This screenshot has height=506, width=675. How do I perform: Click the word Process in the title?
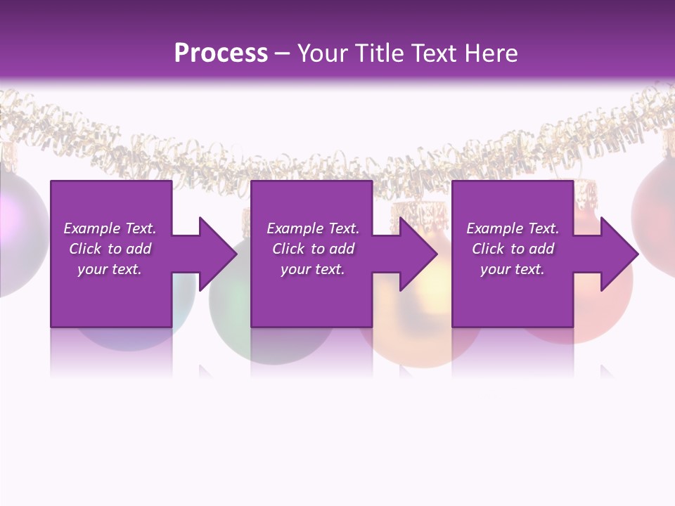[221, 53]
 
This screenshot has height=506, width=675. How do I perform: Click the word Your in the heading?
[322, 53]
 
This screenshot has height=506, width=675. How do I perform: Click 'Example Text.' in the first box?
[110, 228]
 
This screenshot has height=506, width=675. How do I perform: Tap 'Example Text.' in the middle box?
[313, 228]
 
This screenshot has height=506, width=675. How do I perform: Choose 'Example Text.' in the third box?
[513, 228]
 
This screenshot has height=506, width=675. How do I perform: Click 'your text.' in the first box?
[110, 269]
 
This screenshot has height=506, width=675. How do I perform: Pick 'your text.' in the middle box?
[313, 269]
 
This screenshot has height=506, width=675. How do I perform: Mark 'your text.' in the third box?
[513, 269]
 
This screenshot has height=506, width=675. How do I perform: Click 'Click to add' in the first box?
[110, 249]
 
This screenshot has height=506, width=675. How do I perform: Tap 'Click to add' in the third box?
[513, 249]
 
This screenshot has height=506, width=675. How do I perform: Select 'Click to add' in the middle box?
[313, 249]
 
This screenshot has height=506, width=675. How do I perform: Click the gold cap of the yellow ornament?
[415, 211]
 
